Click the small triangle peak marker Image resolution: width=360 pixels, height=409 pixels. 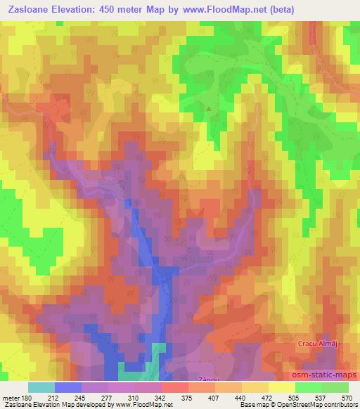coord(208,108)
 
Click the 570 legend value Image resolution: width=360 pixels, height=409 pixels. coord(345,398)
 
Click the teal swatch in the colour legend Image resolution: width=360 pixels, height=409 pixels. coord(41,388)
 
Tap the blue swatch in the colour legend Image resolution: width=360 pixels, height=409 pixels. coord(68,388)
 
